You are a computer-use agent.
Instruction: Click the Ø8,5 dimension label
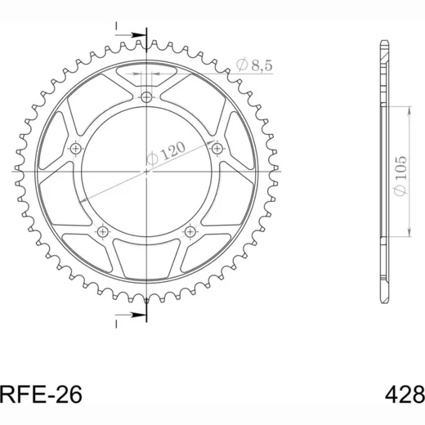pos(254,65)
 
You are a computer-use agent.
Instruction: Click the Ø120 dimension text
pos(166,154)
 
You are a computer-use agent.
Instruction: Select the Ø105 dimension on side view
pos(400,176)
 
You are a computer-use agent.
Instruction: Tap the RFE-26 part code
pos(41,395)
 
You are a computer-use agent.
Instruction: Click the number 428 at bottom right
pos(405,395)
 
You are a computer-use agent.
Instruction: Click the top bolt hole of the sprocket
pos(146,96)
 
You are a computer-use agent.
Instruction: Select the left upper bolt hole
pos(75,149)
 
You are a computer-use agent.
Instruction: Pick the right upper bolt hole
pos(217,149)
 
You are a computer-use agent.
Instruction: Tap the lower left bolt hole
pos(103,232)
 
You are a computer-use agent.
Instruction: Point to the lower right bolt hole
pos(190,232)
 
